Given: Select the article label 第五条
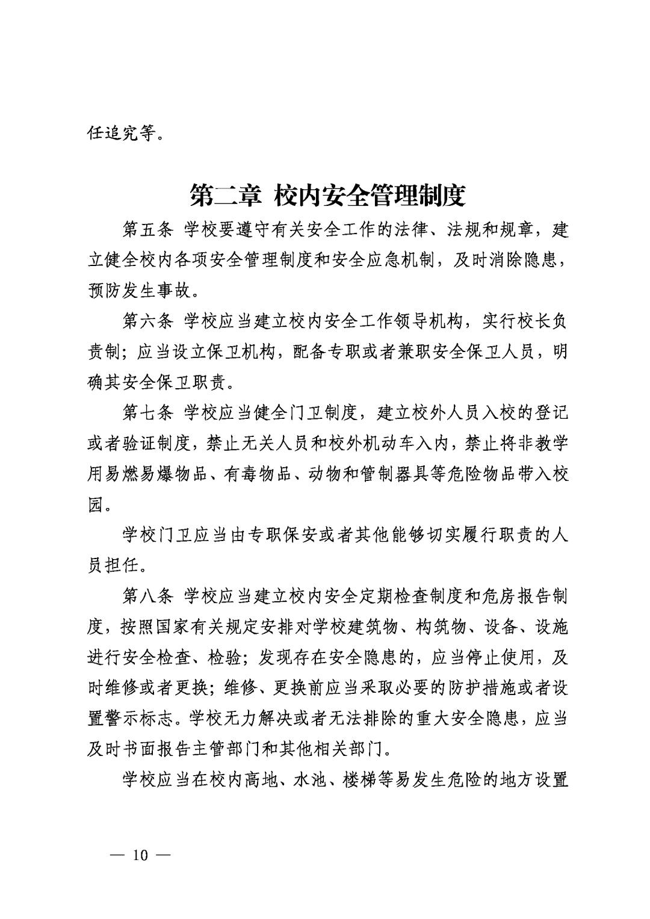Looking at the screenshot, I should pyautogui.click(x=148, y=230).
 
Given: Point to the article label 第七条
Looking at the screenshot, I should pyautogui.click(x=148, y=413).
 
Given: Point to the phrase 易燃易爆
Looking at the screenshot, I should pyautogui.click(x=148, y=474).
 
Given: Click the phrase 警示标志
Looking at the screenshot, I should pyautogui.click(x=140, y=719).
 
